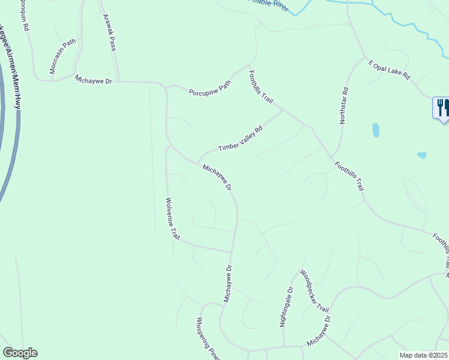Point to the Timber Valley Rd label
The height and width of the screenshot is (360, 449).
240,139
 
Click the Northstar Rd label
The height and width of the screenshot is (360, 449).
343,106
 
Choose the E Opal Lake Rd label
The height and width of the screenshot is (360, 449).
389,69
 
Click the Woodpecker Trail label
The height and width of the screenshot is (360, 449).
315,290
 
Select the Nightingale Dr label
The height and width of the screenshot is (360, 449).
286,306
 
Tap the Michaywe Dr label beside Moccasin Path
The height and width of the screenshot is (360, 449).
94,79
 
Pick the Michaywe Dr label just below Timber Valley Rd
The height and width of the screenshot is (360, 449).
217,178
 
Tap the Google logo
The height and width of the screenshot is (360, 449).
20,353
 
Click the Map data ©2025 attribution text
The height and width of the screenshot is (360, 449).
423,355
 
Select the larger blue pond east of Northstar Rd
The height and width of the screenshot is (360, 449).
376,130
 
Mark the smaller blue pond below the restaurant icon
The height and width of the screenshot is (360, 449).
421,155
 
